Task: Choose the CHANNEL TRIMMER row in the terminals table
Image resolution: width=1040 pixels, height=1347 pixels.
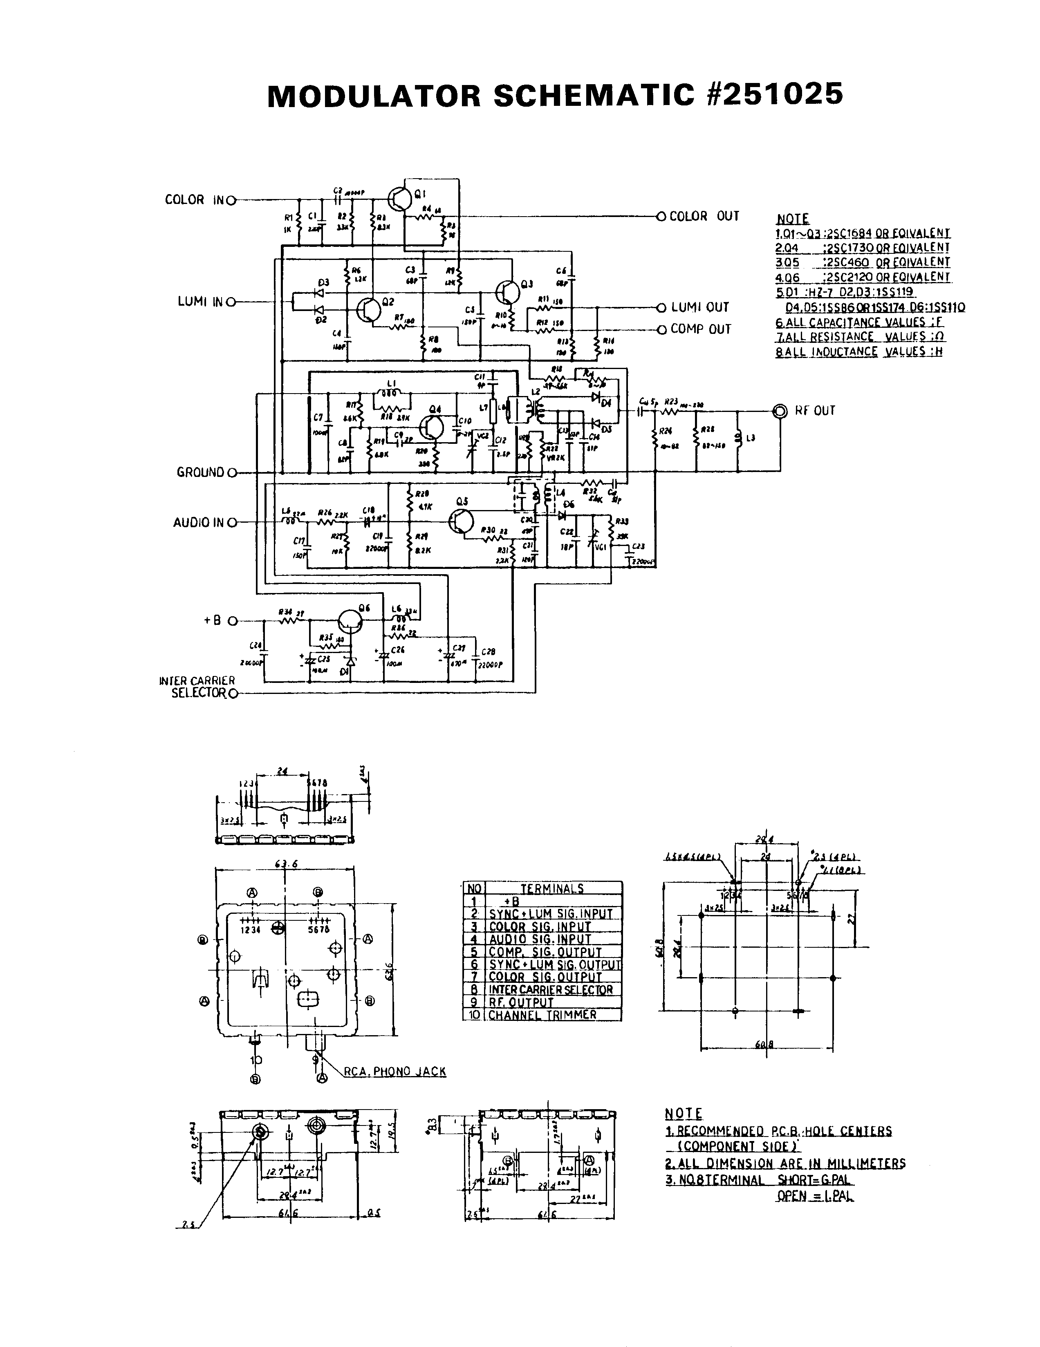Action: click(x=542, y=1015)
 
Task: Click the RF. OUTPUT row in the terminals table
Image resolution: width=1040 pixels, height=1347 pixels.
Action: click(x=521, y=1002)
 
